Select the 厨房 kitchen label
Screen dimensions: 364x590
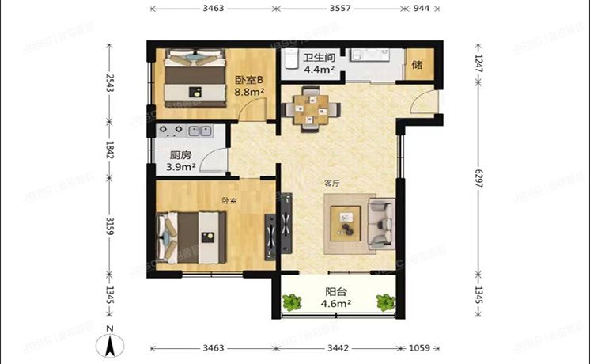(x=178, y=156)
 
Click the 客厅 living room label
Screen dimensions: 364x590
(x=331, y=183)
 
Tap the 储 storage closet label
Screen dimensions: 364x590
(x=416, y=64)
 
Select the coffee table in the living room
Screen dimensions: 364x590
(x=346, y=222)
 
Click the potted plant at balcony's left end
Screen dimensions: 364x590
(x=292, y=301)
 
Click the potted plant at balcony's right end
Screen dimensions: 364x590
(x=385, y=301)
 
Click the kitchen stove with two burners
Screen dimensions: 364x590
(x=173, y=130)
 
